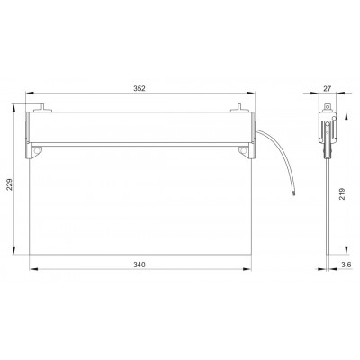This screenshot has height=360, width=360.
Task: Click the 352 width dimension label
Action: click(x=139, y=88)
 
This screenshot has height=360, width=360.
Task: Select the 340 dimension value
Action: click(x=139, y=265)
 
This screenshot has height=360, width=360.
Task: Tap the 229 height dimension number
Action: click(x=9, y=184)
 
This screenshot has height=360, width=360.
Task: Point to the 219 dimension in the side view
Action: click(x=342, y=193)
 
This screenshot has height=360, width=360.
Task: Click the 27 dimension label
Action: click(x=327, y=88)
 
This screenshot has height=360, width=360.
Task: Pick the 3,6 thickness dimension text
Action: click(x=346, y=265)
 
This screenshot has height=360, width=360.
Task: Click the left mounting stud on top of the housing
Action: click(x=42, y=108)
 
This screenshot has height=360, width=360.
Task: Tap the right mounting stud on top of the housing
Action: click(x=239, y=108)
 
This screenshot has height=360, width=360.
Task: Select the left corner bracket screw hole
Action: click(x=37, y=150)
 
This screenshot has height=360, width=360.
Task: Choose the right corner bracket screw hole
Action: click(x=244, y=150)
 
